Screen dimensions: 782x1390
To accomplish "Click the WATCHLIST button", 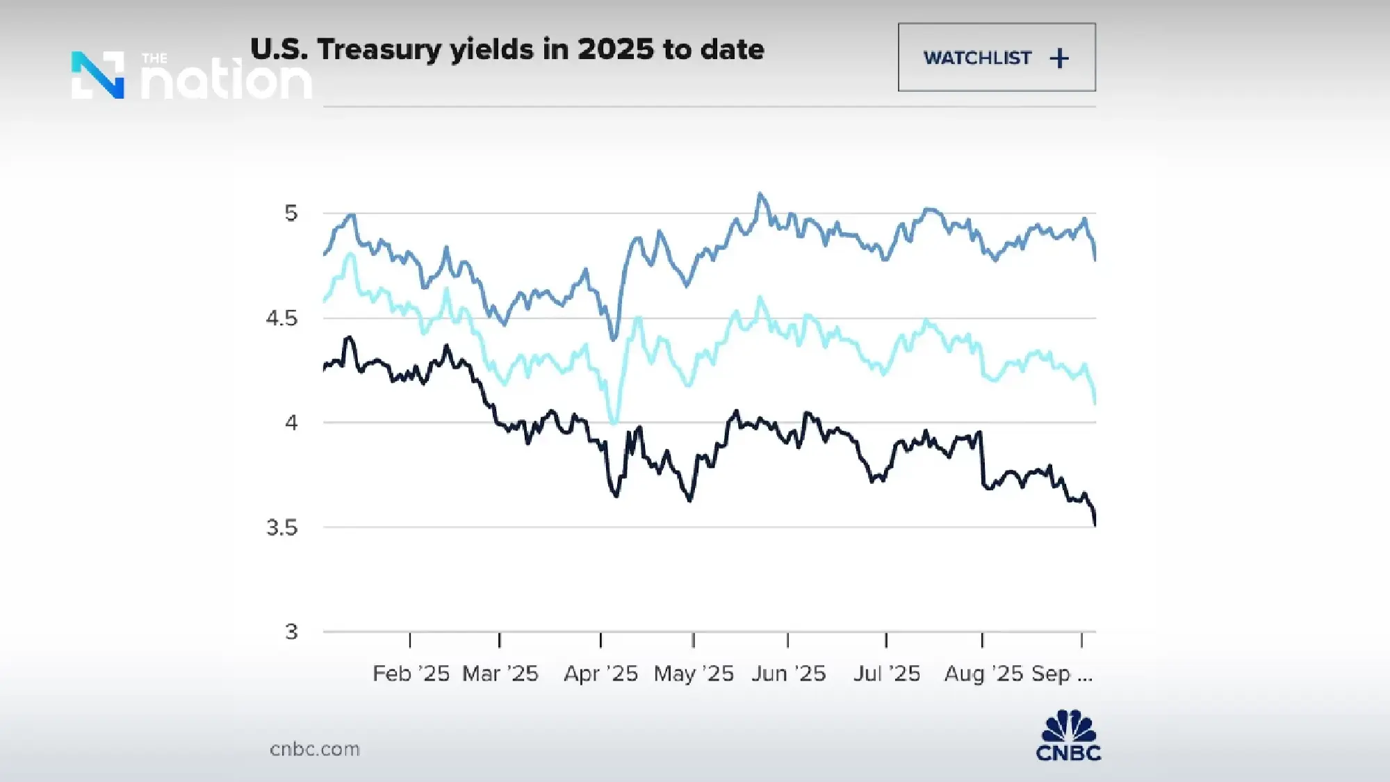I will point(996,57).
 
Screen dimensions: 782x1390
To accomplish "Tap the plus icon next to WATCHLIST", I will point(1059,58).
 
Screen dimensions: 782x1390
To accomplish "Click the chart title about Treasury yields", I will point(507,49).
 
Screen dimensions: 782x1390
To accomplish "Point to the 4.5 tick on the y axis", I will point(281,318).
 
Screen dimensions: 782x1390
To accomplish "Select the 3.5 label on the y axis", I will point(281,528).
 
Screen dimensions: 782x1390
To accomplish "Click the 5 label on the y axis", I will point(291,213).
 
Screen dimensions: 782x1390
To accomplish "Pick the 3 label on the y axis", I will point(291,632).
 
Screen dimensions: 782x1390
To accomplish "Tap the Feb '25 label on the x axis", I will point(411,674).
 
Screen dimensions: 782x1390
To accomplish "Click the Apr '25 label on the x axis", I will point(600,674).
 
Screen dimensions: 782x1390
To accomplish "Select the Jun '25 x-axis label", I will point(788,674).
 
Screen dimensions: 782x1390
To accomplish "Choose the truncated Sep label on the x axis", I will point(1061,674).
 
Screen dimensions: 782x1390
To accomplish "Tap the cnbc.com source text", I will point(315,749).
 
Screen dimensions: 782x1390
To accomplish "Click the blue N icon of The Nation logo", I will point(98,75).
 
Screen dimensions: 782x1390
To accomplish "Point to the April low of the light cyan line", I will point(614,422).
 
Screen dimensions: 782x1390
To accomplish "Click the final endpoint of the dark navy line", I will point(1095,525).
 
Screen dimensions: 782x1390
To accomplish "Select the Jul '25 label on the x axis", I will point(887,674).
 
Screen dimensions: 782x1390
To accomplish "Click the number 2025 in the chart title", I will point(616,49).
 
